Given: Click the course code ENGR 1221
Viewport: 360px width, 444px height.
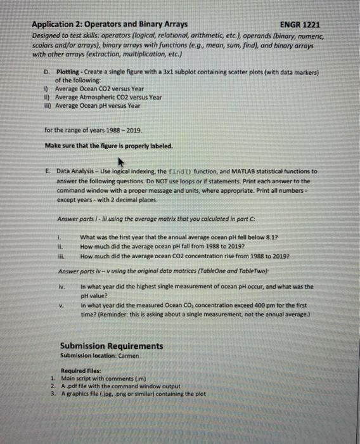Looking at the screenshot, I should click(x=300, y=25).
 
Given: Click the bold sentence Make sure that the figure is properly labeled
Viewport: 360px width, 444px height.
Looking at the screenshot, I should click(x=108, y=145).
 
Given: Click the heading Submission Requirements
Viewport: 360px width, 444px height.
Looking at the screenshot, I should click(x=111, y=346).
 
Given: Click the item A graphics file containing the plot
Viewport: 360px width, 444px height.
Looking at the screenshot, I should click(x=126, y=394).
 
